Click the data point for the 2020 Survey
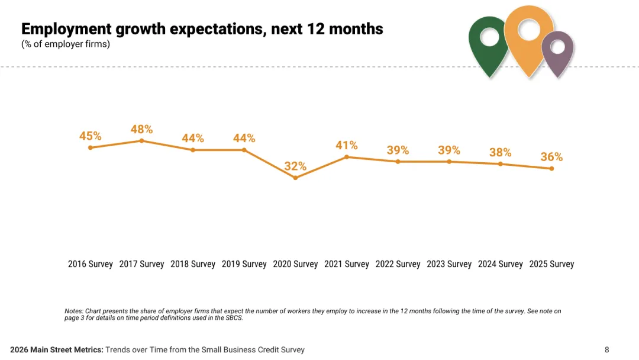click(x=295, y=178)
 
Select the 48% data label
click(x=141, y=129)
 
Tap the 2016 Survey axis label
click(x=90, y=264)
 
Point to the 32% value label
click(x=295, y=166)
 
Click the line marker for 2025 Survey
click(x=551, y=169)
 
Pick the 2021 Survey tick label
click(x=346, y=264)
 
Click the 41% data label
click(x=347, y=145)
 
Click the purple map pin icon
click(x=557, y=53)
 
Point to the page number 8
click(x=606, y=350)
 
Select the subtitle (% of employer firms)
click(x=66, y=44)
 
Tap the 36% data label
click(x=551, y=157)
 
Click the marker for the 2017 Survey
click(x=141, y=140)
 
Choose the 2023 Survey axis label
click(x=448, y=264)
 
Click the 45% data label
click(x=91, y=136)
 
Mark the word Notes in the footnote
click(x=73, y=311)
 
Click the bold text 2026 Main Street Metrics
click(x=57, y=350)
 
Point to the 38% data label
click(x=501, y=152)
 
